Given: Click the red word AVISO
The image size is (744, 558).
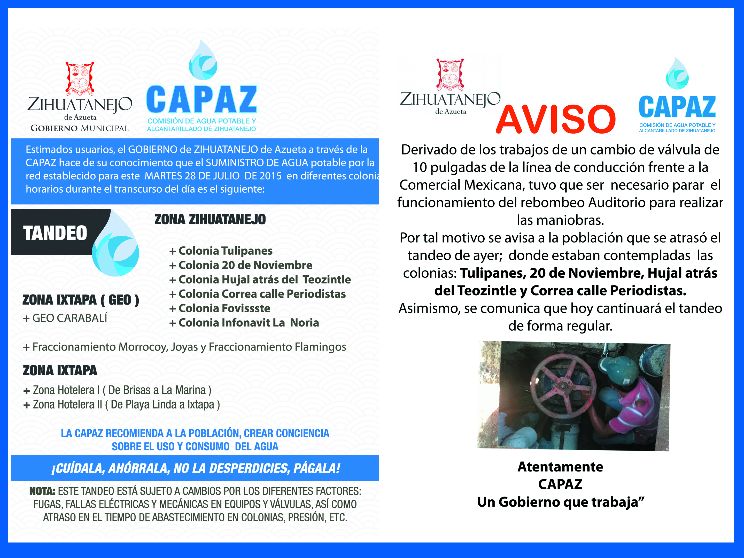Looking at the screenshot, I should click(556, 119).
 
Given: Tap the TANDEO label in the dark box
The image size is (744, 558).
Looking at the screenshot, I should click(55, 233).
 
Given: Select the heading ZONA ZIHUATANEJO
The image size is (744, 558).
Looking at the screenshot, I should click(210, 220).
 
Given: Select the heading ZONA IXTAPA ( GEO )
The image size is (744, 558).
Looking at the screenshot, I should click(81, 300).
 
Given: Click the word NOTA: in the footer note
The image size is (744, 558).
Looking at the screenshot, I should click(42, 491).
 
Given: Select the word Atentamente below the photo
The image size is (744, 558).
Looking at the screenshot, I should click(560, 467).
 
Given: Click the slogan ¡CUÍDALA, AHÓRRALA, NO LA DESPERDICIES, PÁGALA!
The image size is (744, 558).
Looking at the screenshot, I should click(195, 468).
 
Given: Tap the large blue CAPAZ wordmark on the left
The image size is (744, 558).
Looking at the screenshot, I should click(202, 99).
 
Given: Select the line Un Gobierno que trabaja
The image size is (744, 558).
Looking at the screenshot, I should click(560, 502).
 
